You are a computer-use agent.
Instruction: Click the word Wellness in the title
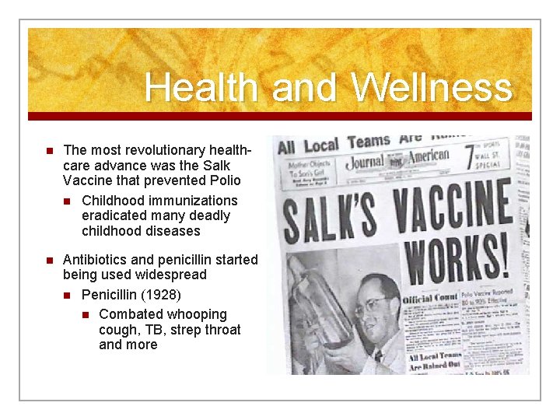pos(432,87)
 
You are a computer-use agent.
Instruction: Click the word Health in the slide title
pos(201,87)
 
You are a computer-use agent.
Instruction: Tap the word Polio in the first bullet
pos(223,180)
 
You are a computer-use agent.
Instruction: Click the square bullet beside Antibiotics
pos(47,260)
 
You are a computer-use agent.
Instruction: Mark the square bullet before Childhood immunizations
pos(67,201)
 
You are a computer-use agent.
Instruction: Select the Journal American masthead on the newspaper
pos(409,159)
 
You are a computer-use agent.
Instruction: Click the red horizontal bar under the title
pos(280,116)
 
